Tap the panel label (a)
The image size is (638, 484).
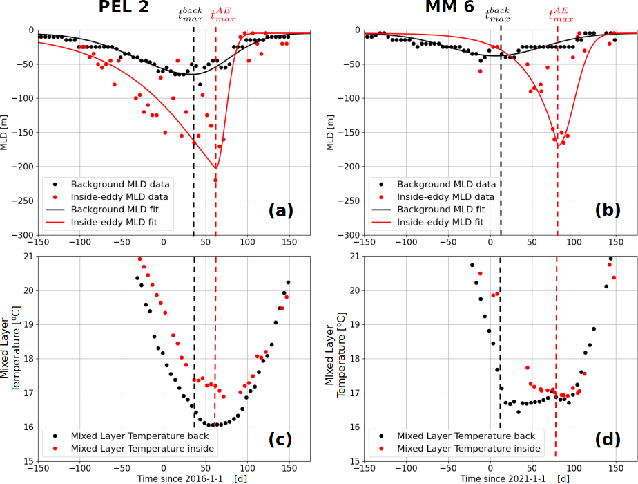[x=281, y=211]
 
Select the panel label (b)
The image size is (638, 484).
[x=608, y=211]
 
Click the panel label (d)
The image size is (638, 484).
[x=608, y=439]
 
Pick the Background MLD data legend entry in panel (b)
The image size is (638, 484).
[x=443, y=185]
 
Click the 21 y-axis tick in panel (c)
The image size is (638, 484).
[x=27, y=257]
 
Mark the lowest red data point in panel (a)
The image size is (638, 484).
[x=215, y=180]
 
